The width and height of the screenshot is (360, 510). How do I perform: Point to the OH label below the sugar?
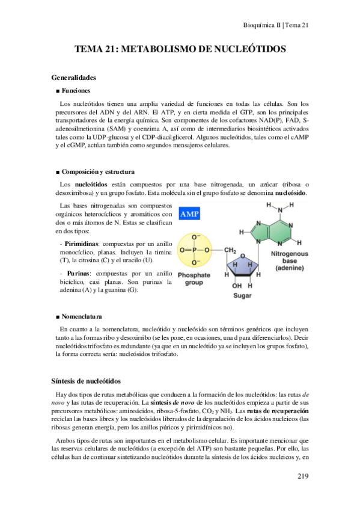[238, 285]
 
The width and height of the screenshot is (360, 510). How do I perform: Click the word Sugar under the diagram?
[242, 296]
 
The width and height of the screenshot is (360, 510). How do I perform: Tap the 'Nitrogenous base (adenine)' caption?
[290, 262]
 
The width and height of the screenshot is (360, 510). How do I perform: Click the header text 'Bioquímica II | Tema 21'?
[275, 25]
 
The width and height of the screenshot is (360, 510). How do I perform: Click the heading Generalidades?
[75, 78]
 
